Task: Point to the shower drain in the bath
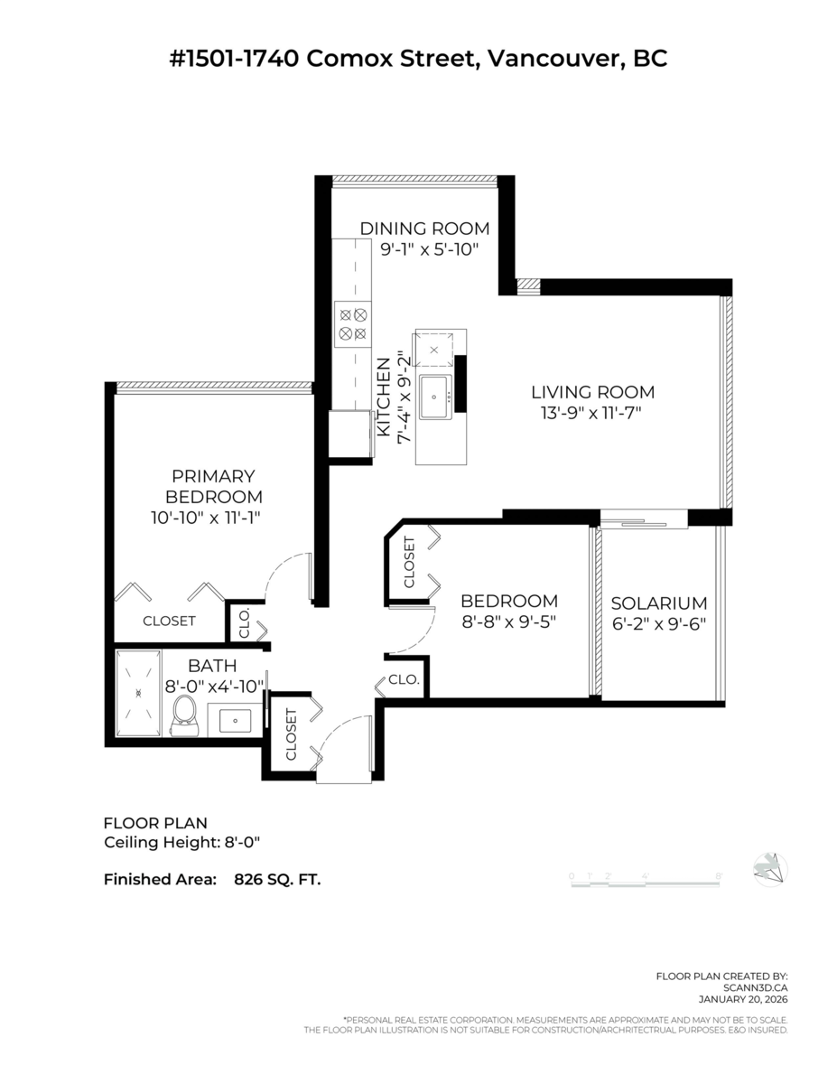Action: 139,693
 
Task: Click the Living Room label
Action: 592,392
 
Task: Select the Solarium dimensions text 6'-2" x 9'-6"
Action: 658,622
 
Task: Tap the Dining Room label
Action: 424,229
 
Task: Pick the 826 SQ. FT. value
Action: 277,877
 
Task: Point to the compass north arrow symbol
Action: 769,869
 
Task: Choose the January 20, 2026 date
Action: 743,999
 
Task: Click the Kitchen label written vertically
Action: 383,398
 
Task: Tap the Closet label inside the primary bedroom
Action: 169,621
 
